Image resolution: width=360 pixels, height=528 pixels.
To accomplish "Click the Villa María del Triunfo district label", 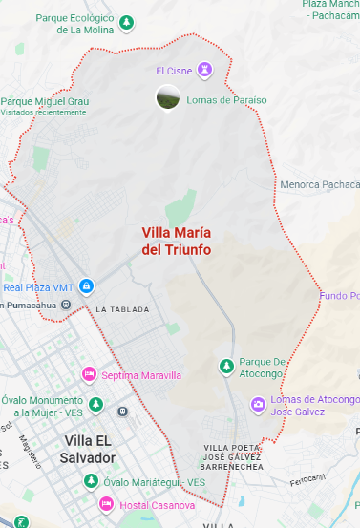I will point(177,241).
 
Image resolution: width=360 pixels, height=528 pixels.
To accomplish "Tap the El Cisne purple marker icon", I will point(204,70).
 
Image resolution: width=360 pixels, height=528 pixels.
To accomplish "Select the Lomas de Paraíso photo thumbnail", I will point(167,96).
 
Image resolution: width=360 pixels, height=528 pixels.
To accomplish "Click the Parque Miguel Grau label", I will point(44,101).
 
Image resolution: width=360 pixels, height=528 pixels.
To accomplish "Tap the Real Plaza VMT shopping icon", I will point(86,285).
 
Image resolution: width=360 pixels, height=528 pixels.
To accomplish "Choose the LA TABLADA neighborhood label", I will point(123,309).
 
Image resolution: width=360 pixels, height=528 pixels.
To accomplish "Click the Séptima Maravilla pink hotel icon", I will point(90,375).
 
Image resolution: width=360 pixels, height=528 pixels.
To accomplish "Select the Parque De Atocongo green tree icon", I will point(226,366).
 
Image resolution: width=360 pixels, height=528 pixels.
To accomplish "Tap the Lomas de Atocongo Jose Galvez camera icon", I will point(258,405).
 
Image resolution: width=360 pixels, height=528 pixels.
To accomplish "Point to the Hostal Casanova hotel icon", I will point(104,503).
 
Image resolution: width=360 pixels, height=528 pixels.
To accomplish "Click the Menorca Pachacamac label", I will point(319,184).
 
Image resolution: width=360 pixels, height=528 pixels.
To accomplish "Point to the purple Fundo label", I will point(339,295).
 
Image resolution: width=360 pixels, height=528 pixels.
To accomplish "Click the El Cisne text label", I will point(174,71).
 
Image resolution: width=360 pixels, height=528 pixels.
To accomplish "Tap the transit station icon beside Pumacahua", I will point(66,305).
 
